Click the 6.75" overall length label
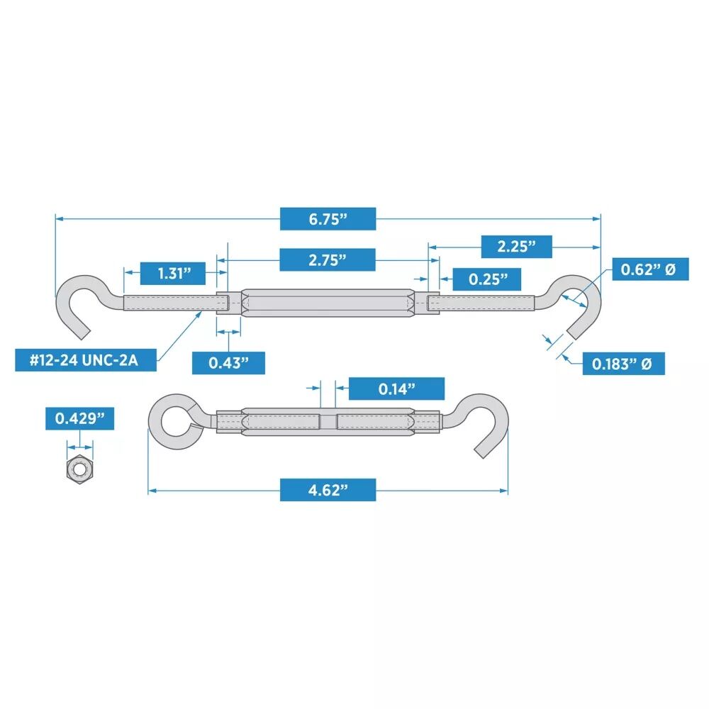pos(328,219)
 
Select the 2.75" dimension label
pos(328,259)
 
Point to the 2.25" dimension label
pos(516,247)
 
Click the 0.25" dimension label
pos(486,279)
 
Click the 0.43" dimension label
pos(228,363)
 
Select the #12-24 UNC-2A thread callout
pos(86,360)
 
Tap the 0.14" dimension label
pos(396,389)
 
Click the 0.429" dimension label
pos(79,418)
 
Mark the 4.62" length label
pos(328,490)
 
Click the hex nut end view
pos(79,469)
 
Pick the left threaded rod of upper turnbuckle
pos(170,303)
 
